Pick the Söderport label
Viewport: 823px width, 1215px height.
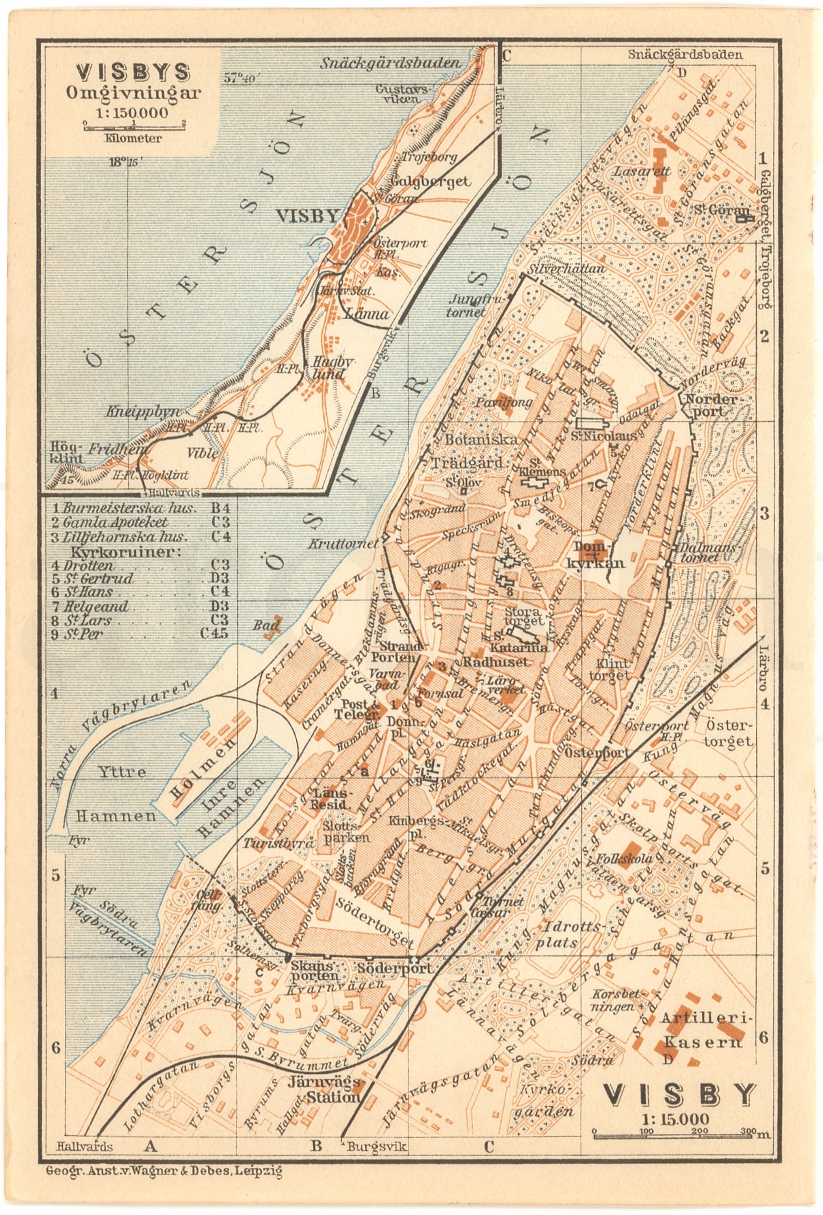tap(395, 968)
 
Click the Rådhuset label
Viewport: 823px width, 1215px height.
tap(496, 661)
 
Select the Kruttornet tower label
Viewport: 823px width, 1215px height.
tap(343, 544)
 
